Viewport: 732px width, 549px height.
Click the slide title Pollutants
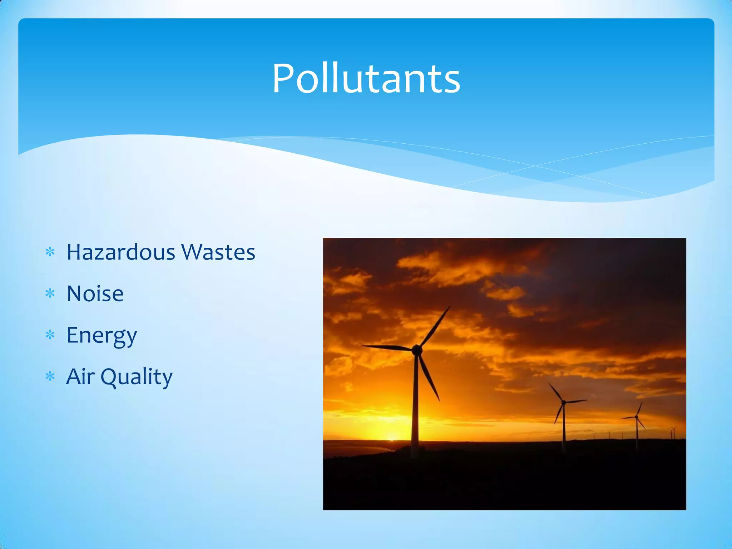click(366, 79)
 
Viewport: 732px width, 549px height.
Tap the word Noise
click(95, 294)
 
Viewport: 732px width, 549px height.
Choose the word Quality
click(137, 377)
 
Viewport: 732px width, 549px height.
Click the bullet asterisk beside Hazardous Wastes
click(50, 252)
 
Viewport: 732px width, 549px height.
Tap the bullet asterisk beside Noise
click(50, 294)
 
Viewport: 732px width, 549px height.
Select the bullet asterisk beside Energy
click(50, 335)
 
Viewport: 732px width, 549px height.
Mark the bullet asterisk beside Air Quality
click(50, 377)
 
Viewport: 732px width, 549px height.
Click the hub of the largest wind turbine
click(417, 349)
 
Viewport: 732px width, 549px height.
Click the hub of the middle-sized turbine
click(564, 403)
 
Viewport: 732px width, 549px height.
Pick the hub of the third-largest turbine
click(636, 417)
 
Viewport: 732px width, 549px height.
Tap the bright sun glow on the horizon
click(392, 436)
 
